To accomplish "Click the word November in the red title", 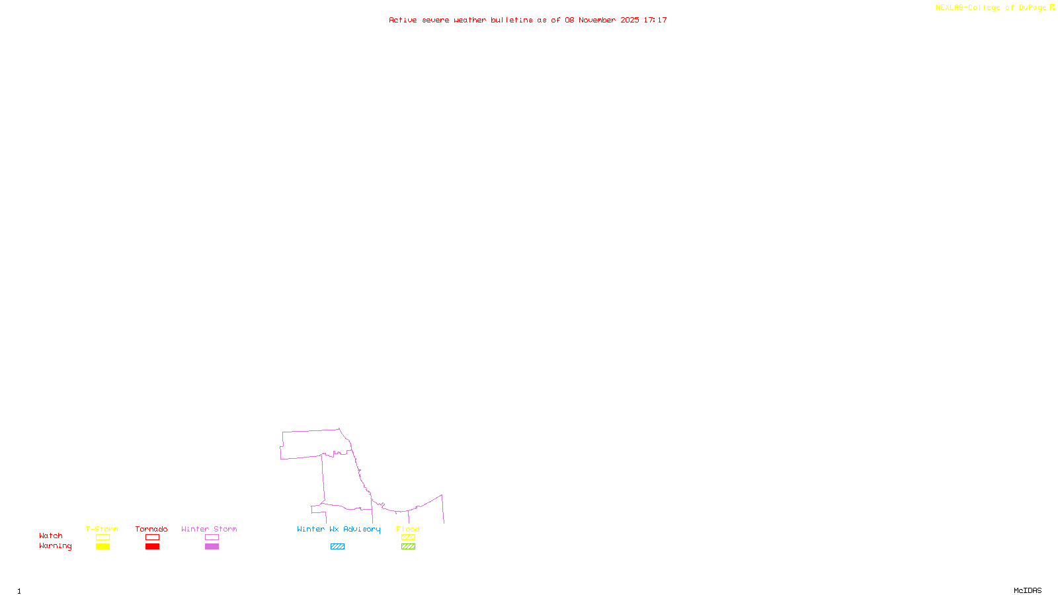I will point(597,20).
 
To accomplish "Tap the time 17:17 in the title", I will point(655,20).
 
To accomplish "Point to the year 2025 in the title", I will point(630,20).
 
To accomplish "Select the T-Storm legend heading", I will point(102,529).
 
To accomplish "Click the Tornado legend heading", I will point(151,529).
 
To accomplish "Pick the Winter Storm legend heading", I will point(209,529).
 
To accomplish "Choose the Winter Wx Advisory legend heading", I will point(339,529).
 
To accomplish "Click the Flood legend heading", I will point(408,529).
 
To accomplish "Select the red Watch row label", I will point(51,536).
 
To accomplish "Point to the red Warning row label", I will point(56,546).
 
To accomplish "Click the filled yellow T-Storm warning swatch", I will point(102,547).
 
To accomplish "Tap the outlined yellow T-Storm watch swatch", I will point(102,537).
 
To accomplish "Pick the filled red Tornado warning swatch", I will point(153,547).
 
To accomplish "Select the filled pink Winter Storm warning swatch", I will point(212,547).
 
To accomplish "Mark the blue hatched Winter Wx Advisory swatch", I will point(337,547).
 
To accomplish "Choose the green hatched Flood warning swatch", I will point(408,547).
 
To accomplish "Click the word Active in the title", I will point(403,20).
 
